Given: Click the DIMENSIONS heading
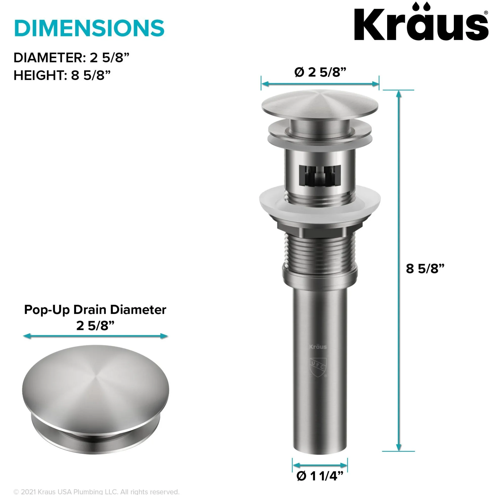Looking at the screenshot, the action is click(89, 28).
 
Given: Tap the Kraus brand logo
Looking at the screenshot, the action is click(421, 22).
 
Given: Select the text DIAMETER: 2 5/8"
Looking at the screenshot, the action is click(71, 58).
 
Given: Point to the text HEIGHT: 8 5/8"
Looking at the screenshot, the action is click(62, 75).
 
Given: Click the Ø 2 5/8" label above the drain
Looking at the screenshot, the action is click(320, 72).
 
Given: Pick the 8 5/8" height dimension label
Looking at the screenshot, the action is click(425, 269).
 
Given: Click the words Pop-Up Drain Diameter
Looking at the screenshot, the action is click(95, 310).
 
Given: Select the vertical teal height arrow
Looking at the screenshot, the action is click(398, 271).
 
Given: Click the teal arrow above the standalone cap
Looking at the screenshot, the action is click(95, 336).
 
